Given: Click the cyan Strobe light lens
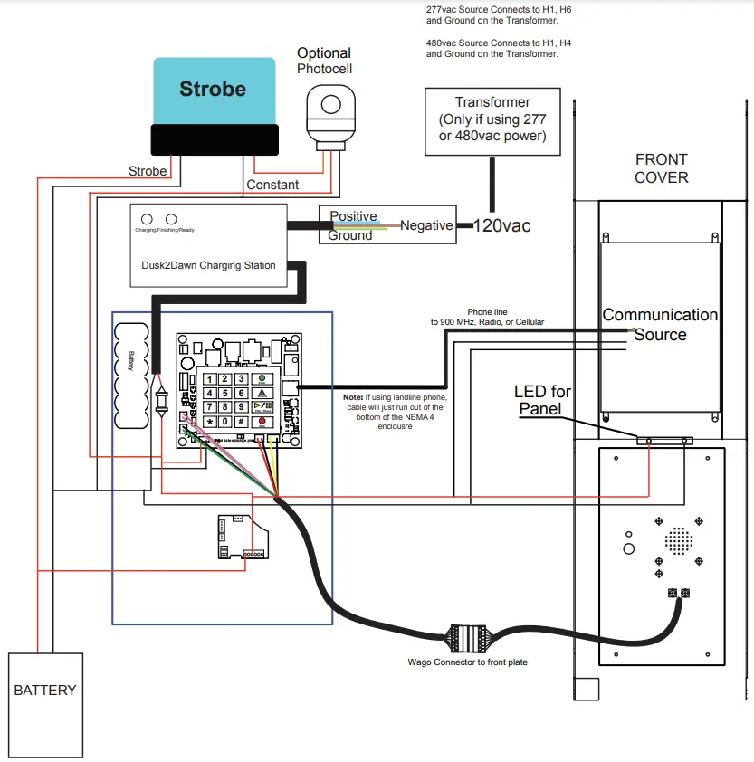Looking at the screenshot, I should [214, 90].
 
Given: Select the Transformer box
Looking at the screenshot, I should [492, 121].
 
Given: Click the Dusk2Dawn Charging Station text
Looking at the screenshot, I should [208, 265].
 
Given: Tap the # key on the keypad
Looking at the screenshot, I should [242, 422].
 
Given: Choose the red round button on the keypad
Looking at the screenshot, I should [262, 422].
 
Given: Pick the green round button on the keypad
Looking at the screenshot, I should [262, 379].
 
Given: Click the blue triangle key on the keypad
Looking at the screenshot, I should [262, 394].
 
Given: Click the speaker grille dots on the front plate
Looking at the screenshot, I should [678, 542].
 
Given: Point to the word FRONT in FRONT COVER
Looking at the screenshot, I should [662, 159].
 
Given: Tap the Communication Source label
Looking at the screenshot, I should [660, 325].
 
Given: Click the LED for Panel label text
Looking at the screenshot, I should [542, 399].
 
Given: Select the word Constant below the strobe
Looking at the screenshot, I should [272, 185].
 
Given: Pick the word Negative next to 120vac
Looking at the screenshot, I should [426, 225].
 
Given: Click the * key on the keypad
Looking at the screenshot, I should [209, 422].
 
